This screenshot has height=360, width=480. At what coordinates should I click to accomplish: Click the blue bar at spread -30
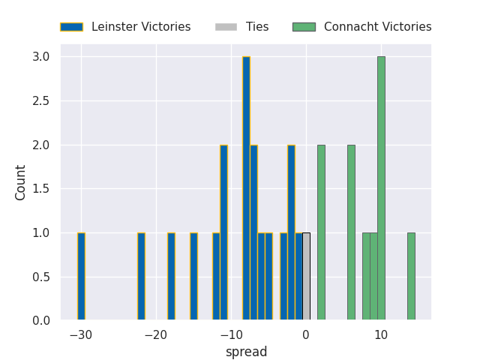(x=81, y=276)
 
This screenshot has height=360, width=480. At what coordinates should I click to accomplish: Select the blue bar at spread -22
(x=141, y=276)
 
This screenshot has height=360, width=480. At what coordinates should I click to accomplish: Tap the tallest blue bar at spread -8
(x=246, y=188)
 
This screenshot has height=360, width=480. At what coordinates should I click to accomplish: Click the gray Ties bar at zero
(x=306, y=276)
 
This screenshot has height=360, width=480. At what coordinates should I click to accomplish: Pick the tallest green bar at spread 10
(x=381, y=188)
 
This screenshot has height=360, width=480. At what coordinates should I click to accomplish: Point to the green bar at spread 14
(x=411, y=276)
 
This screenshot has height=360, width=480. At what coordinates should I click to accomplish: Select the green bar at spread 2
(x=321, y=232)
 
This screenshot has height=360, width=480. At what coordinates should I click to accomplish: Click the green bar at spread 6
(x=351, y=232)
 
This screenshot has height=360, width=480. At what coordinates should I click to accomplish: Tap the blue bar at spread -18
(x=171, y=276)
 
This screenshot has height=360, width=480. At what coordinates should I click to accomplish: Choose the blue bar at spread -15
(x=193, y=276)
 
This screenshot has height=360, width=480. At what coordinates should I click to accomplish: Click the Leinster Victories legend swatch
(x=72, y=27)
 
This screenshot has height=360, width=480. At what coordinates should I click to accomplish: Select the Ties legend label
(x=257, y=27)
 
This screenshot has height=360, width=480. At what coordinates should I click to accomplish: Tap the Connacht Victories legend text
(x=377, y=27)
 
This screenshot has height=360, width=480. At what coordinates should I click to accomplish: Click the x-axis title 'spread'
(x=246, y=352)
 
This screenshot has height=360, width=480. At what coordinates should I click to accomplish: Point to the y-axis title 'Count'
(x=21, y=182)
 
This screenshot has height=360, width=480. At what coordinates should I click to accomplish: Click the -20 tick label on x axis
(x=156, y=334)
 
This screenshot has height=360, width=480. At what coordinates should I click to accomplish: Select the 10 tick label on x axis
(x=381, y=334)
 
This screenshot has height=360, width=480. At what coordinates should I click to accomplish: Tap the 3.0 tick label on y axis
(x=41, y=57)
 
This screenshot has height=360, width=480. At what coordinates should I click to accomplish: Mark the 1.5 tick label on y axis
(x=41, y=189)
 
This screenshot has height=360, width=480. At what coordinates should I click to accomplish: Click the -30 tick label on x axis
(x=81, y=334)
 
